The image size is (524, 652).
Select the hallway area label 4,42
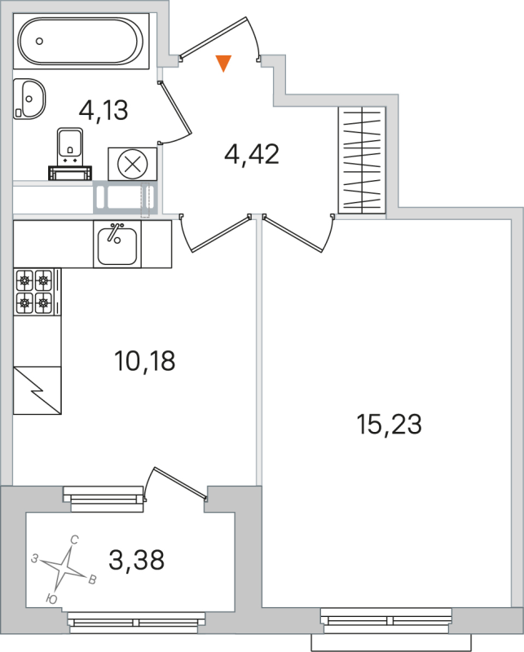(252, 152)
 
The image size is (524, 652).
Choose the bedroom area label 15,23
(389, 424)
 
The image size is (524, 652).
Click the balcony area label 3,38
(136, 559)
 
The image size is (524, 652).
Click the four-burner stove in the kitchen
(33, 291)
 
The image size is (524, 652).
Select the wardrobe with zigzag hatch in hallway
(362, 161)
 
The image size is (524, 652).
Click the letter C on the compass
(74, 539)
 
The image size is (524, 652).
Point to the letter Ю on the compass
(51, 599)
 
